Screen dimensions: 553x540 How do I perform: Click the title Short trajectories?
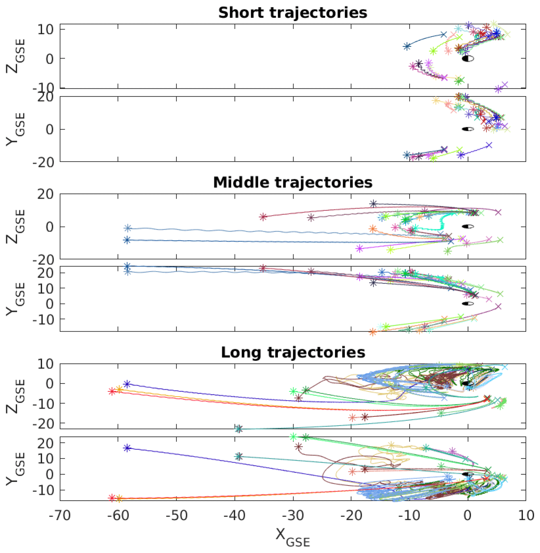pos(293,13)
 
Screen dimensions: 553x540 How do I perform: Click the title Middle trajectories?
pos(293,183)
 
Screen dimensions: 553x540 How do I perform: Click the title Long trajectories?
pos(293,352)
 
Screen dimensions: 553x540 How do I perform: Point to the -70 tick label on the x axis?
pos(60,515)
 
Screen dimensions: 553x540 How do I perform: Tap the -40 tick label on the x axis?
pos(235,515)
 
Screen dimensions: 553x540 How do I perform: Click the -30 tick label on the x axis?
pos(293,515)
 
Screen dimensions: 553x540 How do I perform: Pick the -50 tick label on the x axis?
pos(176,515)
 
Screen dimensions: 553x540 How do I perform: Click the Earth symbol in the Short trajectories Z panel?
pos(468,59)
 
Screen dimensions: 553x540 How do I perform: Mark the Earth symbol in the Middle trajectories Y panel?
pos(468,304)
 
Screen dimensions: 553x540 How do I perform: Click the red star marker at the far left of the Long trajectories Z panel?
pos(112,391)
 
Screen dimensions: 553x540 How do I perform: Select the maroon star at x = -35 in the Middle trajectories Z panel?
pos(263,217)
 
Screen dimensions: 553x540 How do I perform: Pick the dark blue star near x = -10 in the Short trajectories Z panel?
pos(407,46)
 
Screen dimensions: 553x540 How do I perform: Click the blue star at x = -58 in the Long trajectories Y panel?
pos(127,448)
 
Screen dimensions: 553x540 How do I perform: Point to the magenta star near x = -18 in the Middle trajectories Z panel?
pos(360,248)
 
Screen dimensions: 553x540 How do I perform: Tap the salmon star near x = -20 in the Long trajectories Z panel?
pos(352,418)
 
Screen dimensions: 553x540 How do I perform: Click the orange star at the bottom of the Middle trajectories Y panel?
pos(373,332)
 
